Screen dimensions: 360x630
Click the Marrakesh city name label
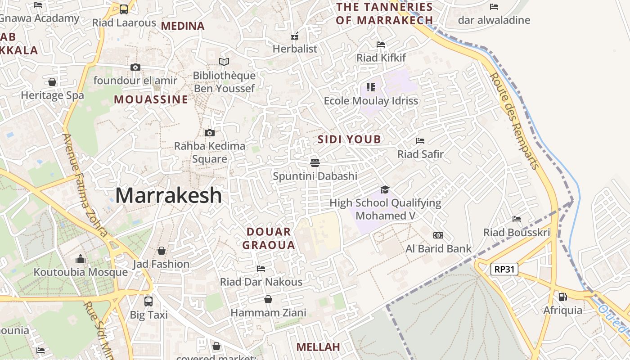[169, 196]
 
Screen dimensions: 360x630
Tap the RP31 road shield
[504, 270]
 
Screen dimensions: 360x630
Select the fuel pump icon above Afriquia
[562, 297]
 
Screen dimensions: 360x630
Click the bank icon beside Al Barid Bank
[438, 235]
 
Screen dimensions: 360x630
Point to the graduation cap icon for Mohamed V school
[385, 189]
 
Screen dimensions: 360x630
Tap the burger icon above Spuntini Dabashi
[315, 162]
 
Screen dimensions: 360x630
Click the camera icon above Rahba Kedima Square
[209, 133]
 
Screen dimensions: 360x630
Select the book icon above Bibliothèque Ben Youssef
[224, 62]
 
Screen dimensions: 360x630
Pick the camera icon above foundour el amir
[135, 67]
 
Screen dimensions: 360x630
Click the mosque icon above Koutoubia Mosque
[81, 259]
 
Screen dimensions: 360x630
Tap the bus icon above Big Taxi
[148, 301]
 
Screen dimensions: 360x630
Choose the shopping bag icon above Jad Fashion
[161, 251]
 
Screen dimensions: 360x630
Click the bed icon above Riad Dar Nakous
[261, 269]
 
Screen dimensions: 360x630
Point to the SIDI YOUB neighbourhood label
[349, 139]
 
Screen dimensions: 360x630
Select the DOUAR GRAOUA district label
[269, 238]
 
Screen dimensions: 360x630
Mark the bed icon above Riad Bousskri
[517, 219]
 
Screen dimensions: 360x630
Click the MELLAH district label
[318, 347]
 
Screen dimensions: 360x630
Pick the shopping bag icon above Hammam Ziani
[268, 299]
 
